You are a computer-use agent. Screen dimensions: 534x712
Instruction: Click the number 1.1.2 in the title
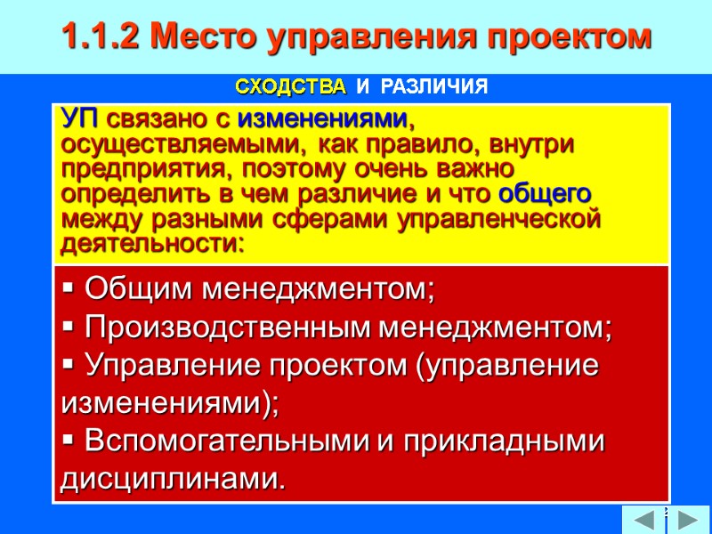coord(99,36)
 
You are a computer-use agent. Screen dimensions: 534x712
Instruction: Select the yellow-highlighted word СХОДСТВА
coord(290,87)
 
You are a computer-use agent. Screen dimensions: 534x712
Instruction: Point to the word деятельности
coord(151,243)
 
